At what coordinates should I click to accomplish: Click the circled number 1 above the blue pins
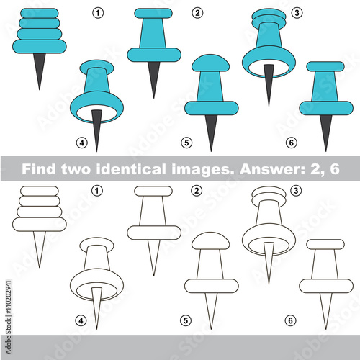(98, 13)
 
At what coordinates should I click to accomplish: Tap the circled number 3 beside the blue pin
(297, 13)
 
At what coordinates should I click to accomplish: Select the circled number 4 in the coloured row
(82, 143)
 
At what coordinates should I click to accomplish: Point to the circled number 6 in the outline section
(290, 320)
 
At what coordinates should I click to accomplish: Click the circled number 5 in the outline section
(186, 320)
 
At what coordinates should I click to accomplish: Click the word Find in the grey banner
(38, 168)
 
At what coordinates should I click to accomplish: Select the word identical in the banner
(131, 168)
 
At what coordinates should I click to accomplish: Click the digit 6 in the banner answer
(334, 168)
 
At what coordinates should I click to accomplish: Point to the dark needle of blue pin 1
(40, 71)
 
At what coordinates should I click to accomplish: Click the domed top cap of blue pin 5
(211, 63)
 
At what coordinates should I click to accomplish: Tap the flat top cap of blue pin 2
(153, 14)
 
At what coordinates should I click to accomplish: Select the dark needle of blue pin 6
(325, 132)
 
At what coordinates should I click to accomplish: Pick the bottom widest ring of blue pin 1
(40, 47)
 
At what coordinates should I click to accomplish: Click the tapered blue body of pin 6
(325, 86)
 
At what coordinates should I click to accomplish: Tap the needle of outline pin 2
(153, 258)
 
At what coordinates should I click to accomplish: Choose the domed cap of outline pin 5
(211, 240)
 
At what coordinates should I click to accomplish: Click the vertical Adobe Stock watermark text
(9, 317)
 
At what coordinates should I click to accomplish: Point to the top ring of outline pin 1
(40, 191)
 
